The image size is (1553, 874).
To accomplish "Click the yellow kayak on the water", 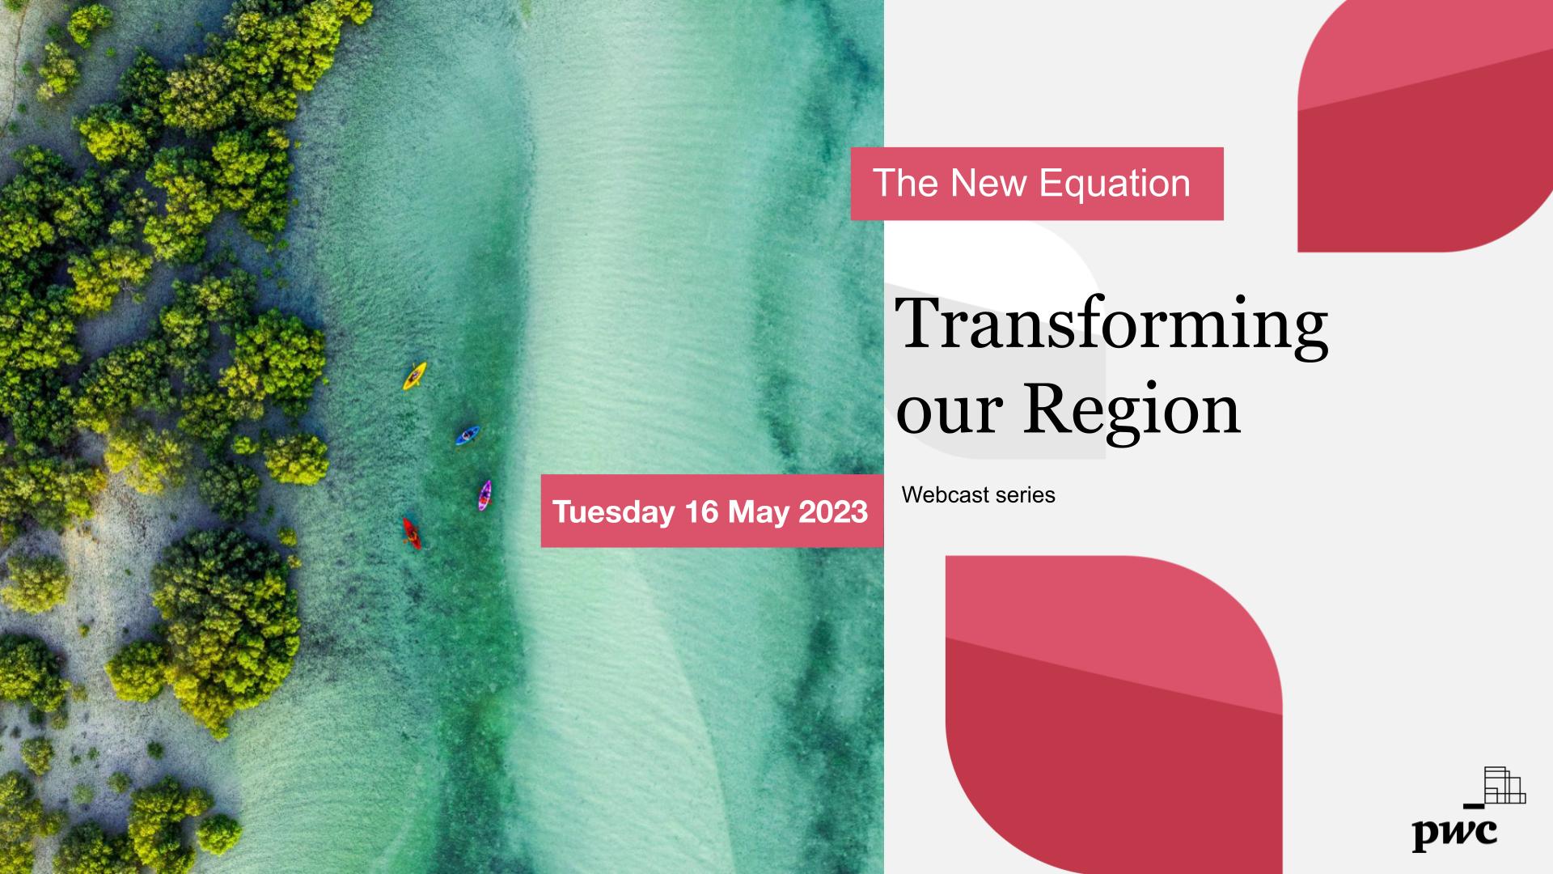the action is (414, 375).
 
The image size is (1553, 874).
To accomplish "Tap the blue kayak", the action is (468, 435).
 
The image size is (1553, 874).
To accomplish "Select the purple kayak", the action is (485, 495).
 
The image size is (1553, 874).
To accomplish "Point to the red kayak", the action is (412, 533).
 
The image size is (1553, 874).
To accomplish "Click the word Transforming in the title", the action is (1111, 325).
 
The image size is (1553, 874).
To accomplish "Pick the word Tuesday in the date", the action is (613, 512).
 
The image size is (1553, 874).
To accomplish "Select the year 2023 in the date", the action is (833, 511).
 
